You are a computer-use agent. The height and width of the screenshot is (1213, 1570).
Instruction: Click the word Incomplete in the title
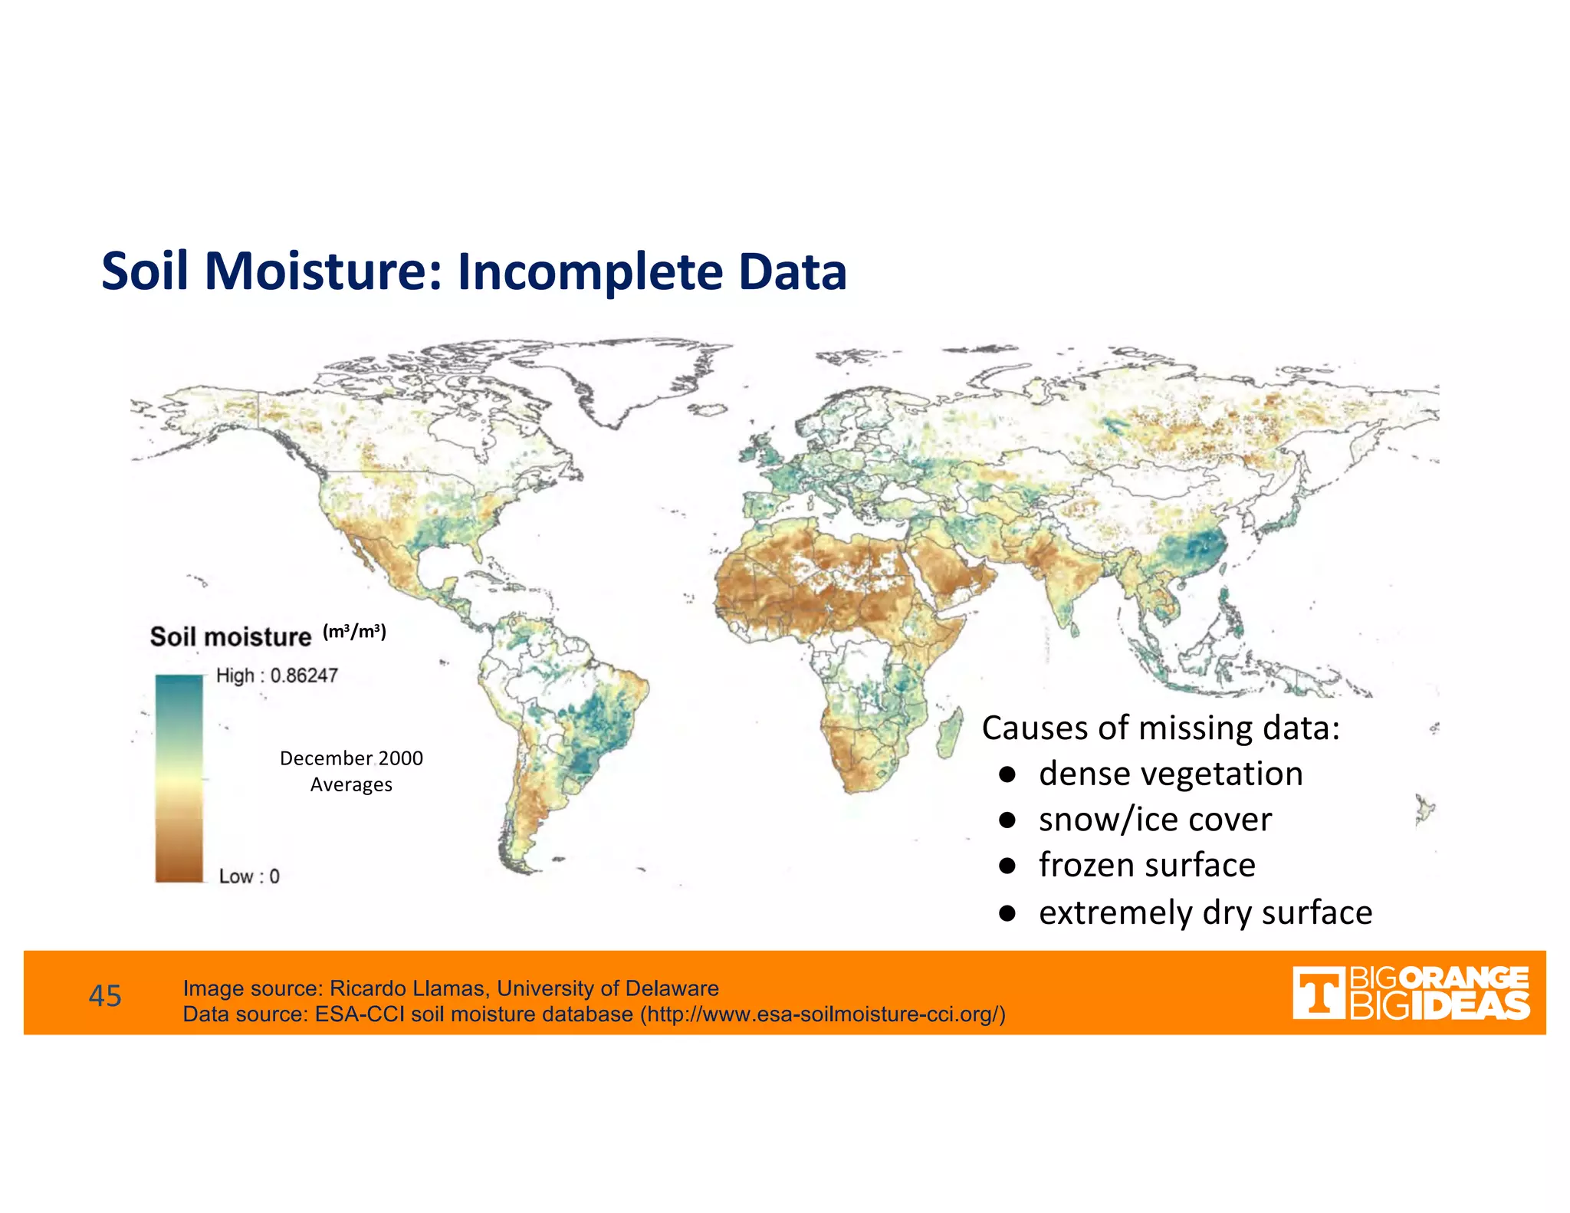(590, 273)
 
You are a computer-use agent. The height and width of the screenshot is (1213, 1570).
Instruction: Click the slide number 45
(105, 996)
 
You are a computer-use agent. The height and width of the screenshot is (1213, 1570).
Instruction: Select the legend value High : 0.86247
(277, 676)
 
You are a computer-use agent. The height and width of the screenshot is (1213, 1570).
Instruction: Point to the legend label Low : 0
(249, 876)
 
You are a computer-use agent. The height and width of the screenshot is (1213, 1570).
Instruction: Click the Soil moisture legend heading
(230, 637)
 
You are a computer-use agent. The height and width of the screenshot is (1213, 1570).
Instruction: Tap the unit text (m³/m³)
(354, 632)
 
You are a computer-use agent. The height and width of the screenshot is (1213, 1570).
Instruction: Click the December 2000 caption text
(351, 758)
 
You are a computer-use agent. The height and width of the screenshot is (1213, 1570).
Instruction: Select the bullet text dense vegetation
(1171, 774)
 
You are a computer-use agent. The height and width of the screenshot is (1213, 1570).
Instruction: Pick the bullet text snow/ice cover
(1155, 820)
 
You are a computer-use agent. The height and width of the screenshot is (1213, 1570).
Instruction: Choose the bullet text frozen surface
(1147, 866)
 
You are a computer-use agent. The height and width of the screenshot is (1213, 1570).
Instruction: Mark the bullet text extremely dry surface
(1205, 913)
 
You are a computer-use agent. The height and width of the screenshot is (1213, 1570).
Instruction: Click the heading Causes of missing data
(1160, 728)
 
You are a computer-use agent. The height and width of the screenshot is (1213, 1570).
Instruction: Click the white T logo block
(1318, 994)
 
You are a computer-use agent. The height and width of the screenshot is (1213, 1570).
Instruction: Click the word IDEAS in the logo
(1470, 1006)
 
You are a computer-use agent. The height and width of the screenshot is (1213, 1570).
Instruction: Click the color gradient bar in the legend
(179, 777)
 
